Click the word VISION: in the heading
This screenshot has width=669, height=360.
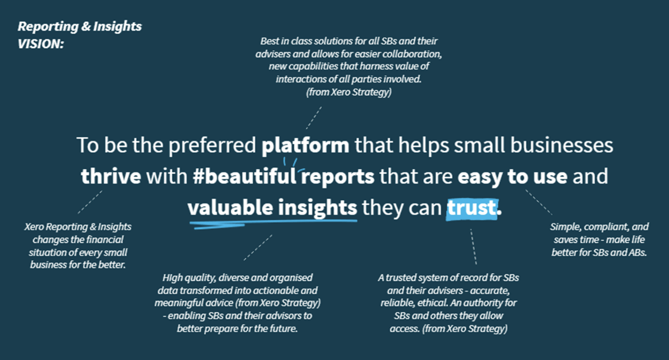coord(41,44)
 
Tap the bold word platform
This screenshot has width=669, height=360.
coord(306,145)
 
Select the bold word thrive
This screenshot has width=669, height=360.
coord(111,177)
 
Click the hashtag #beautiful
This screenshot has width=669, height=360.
coord(244,177)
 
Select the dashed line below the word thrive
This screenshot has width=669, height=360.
coord(90,202)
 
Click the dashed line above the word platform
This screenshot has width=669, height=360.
coord(314,118)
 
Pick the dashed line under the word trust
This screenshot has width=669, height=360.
coord(473,246)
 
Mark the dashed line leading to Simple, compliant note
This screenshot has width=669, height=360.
coord(539,202)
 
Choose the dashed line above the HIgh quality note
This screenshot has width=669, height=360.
coord(258,247)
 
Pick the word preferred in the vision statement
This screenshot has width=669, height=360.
coord(212,146)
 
